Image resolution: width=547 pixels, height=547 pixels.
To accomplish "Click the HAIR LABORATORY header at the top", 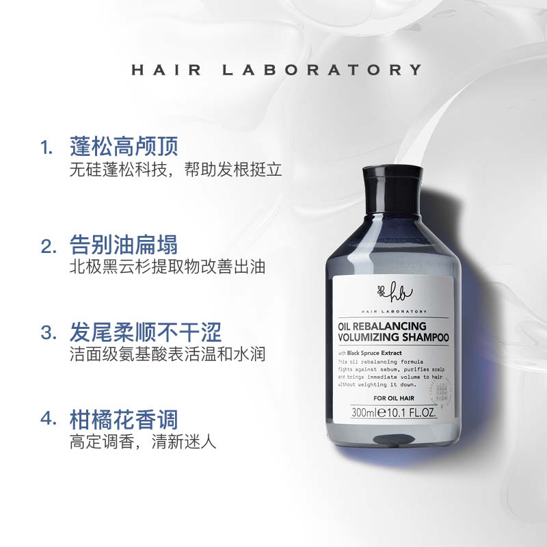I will pyautogui.click(x=275, y=69).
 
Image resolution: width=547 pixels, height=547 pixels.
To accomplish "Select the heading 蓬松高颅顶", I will pyautogui.click(x=124, y=146).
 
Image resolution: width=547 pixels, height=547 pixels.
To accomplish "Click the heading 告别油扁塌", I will pyautogui.click(x=124, y=244).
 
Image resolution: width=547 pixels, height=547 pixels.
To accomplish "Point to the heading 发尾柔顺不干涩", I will pyautogui.click(x=146, y=333).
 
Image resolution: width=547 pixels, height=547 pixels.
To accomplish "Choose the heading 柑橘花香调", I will pyautogui.click(x=124, y=420).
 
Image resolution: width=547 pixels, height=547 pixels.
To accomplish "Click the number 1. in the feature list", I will pyautogui.click(x=46, y=147).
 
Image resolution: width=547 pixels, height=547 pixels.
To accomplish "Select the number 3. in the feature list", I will pyautogui.click(x=48, y=334).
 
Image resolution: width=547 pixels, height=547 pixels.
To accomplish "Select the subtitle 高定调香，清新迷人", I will pyautogui.click(x=143, y=442).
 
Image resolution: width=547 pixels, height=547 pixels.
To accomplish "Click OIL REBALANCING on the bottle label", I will pyautogui.click(x=382, y=326).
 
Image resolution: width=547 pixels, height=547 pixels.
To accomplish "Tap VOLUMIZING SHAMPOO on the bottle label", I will pyautogui.click(x=393, y=337).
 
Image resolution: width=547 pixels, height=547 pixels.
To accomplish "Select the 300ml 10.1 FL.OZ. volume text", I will pyautogui.click(x=392, y=413).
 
